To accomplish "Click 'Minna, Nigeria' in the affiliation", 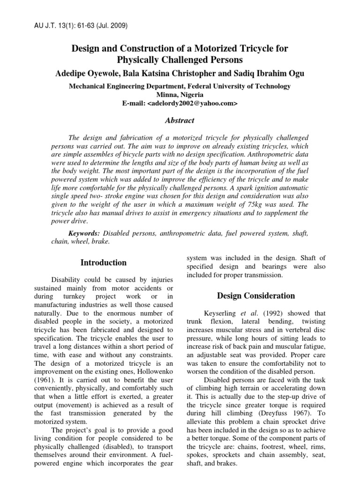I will pyautogui.click(x=180, y=95).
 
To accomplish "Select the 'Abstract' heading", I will pyautogui.click(x=180, y=120).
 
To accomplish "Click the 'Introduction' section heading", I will pyautogui.click(x=104, y=263).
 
